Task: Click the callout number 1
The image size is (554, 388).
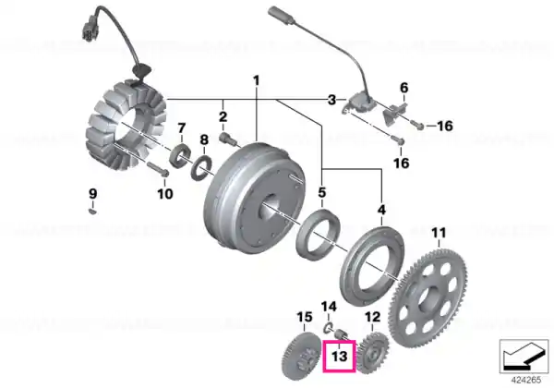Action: pos(257,80)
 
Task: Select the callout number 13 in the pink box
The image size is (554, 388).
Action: pos(339,356)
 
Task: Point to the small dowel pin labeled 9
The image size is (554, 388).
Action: pos(92,212)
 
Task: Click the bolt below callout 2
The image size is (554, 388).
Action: pos(228,138)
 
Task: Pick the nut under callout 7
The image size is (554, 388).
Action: pos(180,155)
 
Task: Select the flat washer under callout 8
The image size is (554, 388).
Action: pos(201,169)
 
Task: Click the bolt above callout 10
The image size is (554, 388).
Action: pos(157,170)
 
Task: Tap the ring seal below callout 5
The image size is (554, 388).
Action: pos(318,235)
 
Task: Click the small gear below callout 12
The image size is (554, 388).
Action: pos(373,353)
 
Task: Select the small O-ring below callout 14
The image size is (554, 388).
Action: pos(328,328)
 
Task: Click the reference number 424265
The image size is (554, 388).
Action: pos(526,381)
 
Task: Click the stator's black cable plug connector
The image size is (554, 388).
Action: pos(90,30)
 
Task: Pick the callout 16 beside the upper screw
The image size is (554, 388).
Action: pos(445,126)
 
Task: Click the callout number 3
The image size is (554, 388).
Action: pos(331,100)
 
